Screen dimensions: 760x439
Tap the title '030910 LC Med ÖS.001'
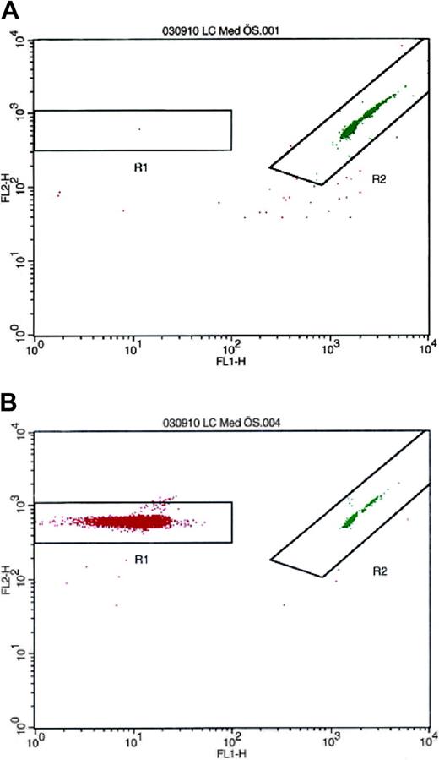click(x=231, y=31)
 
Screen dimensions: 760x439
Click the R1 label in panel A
click(x=141, y=167)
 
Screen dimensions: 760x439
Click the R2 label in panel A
click(x=379, y=178)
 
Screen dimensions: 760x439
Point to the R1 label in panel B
click(x=143, y=560)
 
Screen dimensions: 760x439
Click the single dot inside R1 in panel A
click(x=139, y=129)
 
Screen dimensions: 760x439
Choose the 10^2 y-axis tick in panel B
click(x=24, y=579)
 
